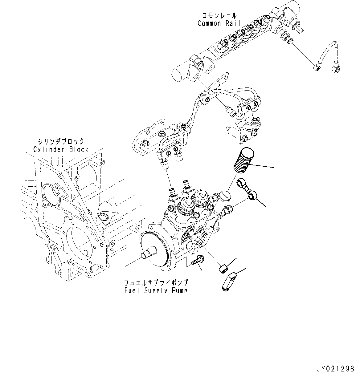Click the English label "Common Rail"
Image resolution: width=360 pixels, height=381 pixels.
tap(218, 23)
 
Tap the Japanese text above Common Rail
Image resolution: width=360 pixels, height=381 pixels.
tap(219, 15)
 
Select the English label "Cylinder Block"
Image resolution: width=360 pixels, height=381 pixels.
tap(61, 150)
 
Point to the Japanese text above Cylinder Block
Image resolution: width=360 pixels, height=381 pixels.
tap(61, 142)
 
